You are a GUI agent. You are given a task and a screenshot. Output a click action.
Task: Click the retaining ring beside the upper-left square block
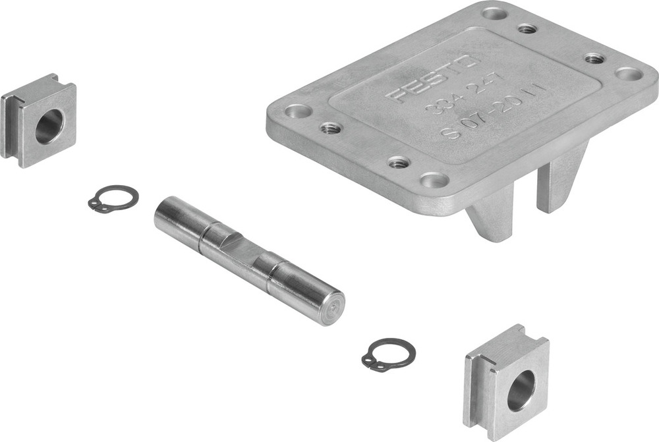point(113,198)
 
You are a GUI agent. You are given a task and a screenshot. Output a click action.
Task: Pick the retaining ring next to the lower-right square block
point(389,354)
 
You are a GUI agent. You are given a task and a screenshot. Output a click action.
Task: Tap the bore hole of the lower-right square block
point(521,389)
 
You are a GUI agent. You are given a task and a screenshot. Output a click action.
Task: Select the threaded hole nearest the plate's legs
point(398,162)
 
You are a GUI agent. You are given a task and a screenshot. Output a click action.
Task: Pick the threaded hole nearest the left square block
point(329,127)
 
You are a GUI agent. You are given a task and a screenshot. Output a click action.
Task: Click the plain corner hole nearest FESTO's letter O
point(493,12)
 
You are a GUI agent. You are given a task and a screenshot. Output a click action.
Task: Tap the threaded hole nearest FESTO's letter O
point(526,29)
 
